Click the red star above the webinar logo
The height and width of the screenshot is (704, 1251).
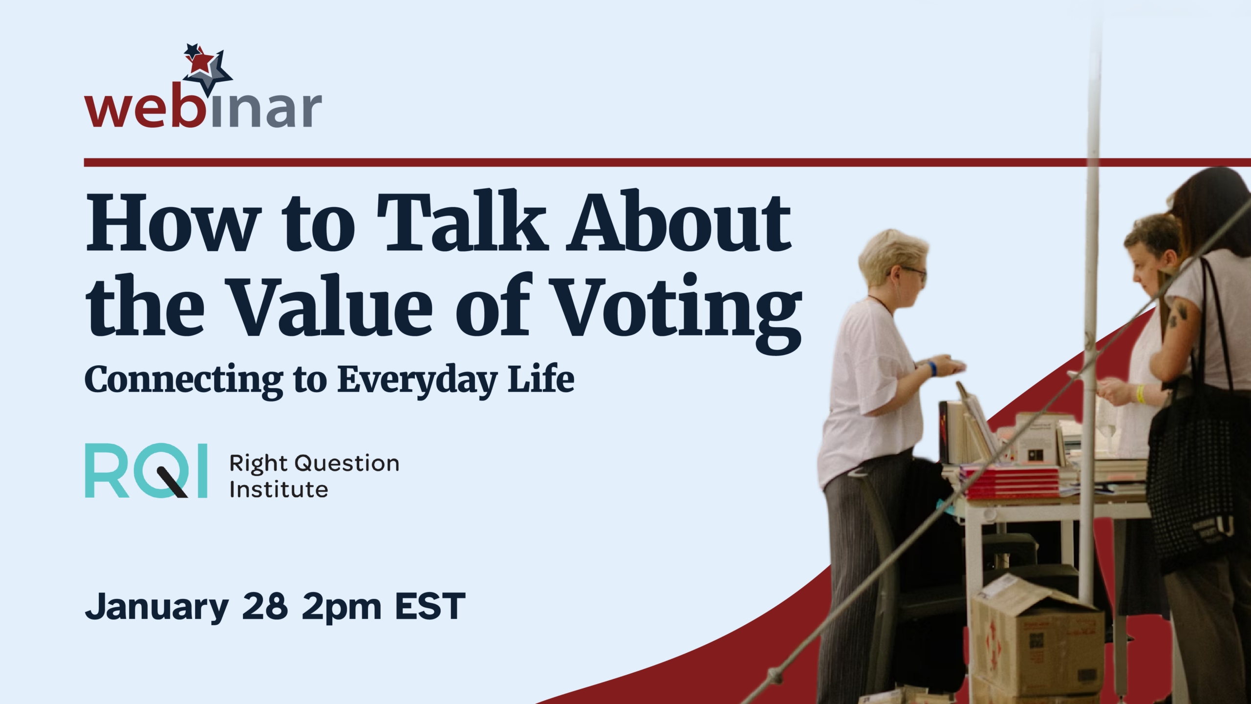click(202, 63)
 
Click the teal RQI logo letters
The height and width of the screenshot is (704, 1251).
click(146, 471)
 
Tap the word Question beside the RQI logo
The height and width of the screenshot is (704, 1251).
click(347, 463)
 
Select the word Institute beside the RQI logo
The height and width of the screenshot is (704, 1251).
click(279, 489)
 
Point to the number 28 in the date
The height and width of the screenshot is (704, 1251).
click(265, 606)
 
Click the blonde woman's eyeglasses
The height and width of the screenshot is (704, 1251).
click(911, 272)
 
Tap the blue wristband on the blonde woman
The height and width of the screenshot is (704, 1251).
click(932, 368)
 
